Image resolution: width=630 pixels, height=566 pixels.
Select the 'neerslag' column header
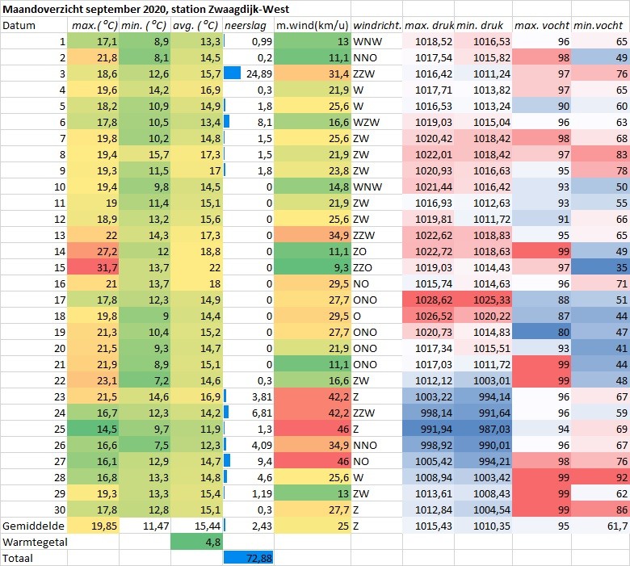[x=245, y=26]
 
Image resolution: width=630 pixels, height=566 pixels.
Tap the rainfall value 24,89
[x=259, y=74]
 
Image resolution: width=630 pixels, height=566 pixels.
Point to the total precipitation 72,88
[x=259, y=558]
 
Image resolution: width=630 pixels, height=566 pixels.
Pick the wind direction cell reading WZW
[x=366, y=122]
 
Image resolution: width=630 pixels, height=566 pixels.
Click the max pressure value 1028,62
[x=434, y=300]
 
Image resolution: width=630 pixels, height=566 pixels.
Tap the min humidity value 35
[x=622, y=267]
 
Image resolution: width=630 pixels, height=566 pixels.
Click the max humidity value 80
[x=564, y=332]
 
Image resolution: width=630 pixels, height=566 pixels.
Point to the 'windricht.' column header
[x=377, y=26]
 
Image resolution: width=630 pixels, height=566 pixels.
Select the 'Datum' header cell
[x=19, y=26]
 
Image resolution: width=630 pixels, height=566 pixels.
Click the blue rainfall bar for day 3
[x=233, y=73]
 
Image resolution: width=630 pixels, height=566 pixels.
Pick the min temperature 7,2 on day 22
[x=161, y=380]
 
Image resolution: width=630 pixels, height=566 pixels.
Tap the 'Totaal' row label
[x=18, y=558]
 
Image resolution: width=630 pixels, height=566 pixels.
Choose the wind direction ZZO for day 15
[x=363, y=267]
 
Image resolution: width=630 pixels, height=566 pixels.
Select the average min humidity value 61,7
[x=618, y=526]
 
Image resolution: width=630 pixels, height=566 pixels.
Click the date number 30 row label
[x=60, y=509]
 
